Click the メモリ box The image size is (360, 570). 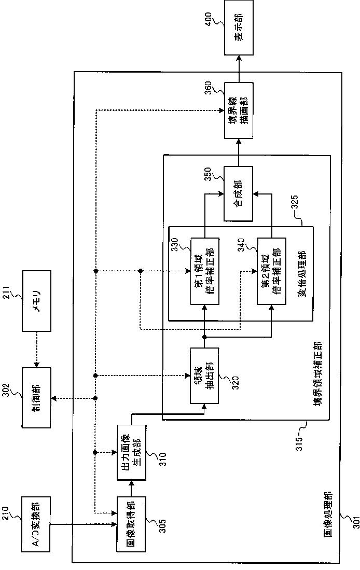36,301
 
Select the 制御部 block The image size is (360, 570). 36,397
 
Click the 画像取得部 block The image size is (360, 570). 131,524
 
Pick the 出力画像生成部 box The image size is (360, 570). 131,453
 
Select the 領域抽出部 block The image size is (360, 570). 204,376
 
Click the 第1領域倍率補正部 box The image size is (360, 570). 204,271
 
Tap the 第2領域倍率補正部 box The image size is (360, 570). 271,271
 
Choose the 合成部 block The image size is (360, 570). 238,194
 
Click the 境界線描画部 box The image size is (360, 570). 239,110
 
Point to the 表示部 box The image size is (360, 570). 239,27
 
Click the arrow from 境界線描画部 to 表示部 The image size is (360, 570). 239,68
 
